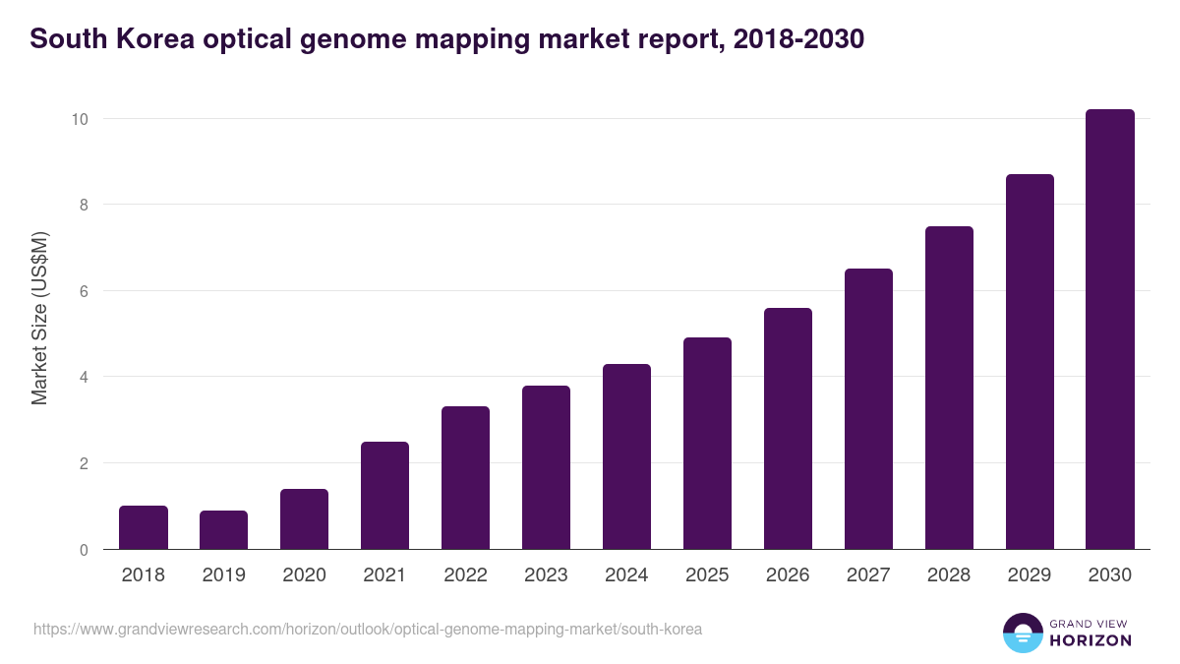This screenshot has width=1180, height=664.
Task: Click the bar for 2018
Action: click(x=144, y=527)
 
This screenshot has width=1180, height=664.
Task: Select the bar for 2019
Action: click(x=224, y=530)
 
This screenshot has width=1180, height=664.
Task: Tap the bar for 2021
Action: click(x=384, y=496)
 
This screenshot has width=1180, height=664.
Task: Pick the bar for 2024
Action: click(x=626, y=456)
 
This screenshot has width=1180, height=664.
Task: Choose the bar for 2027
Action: click(x=868, y=409)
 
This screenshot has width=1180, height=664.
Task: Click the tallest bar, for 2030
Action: click(x=1110, y=330)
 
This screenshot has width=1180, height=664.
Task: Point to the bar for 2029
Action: click(x=1030, y=362)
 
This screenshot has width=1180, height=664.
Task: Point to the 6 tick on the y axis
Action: click(x=84, y=291)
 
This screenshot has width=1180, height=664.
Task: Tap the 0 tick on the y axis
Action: click(x=84, y=550)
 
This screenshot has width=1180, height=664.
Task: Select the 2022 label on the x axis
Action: click(x=465, y=575)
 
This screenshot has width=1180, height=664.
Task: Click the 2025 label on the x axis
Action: click(x=707, y=575)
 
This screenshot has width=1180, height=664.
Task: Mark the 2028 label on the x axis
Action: click(x=949, y=575)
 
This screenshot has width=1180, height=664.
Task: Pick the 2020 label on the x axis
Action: click(x=304, y=575)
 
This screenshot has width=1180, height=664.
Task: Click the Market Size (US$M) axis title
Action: click(x=39, y=318)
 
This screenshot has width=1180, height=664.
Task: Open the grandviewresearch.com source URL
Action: click(x=368, y=629)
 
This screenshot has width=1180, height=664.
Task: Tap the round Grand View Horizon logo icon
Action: click(x=1022, y=633)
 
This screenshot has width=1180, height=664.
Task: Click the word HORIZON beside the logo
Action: click(x=1091, y=640)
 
